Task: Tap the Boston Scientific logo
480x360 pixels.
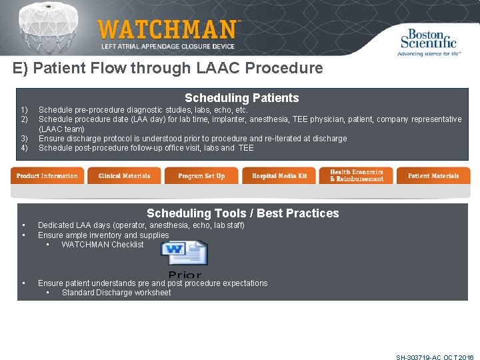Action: click(x=429, y=41)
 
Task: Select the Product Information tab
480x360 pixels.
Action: click(x=47, y=176)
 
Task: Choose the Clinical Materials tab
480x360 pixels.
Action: click(x=124, y=176)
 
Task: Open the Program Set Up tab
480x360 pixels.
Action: click(x=201, y=176)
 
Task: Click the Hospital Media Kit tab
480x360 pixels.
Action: click(x=279, y=176)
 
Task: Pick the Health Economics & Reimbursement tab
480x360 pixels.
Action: click(x=357, y=176)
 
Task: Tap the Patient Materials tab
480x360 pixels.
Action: click(x=433, y=176)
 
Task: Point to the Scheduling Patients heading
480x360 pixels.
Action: click(x=241, y=98)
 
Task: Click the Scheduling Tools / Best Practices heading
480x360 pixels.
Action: click(x=243, y=213)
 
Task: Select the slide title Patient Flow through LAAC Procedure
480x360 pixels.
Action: click(x=167, y=68)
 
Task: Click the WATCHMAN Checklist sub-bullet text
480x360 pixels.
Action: click(x=103, y=245)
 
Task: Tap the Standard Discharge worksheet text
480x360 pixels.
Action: click(x=116, y=293)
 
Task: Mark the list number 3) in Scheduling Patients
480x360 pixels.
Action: click(x=24, y=139)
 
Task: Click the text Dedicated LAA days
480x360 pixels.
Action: click(x=75, y=225)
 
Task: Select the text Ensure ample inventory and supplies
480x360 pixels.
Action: click(x=103, y=235)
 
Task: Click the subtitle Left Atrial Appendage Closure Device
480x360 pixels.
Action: click(x=167, y=46)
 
